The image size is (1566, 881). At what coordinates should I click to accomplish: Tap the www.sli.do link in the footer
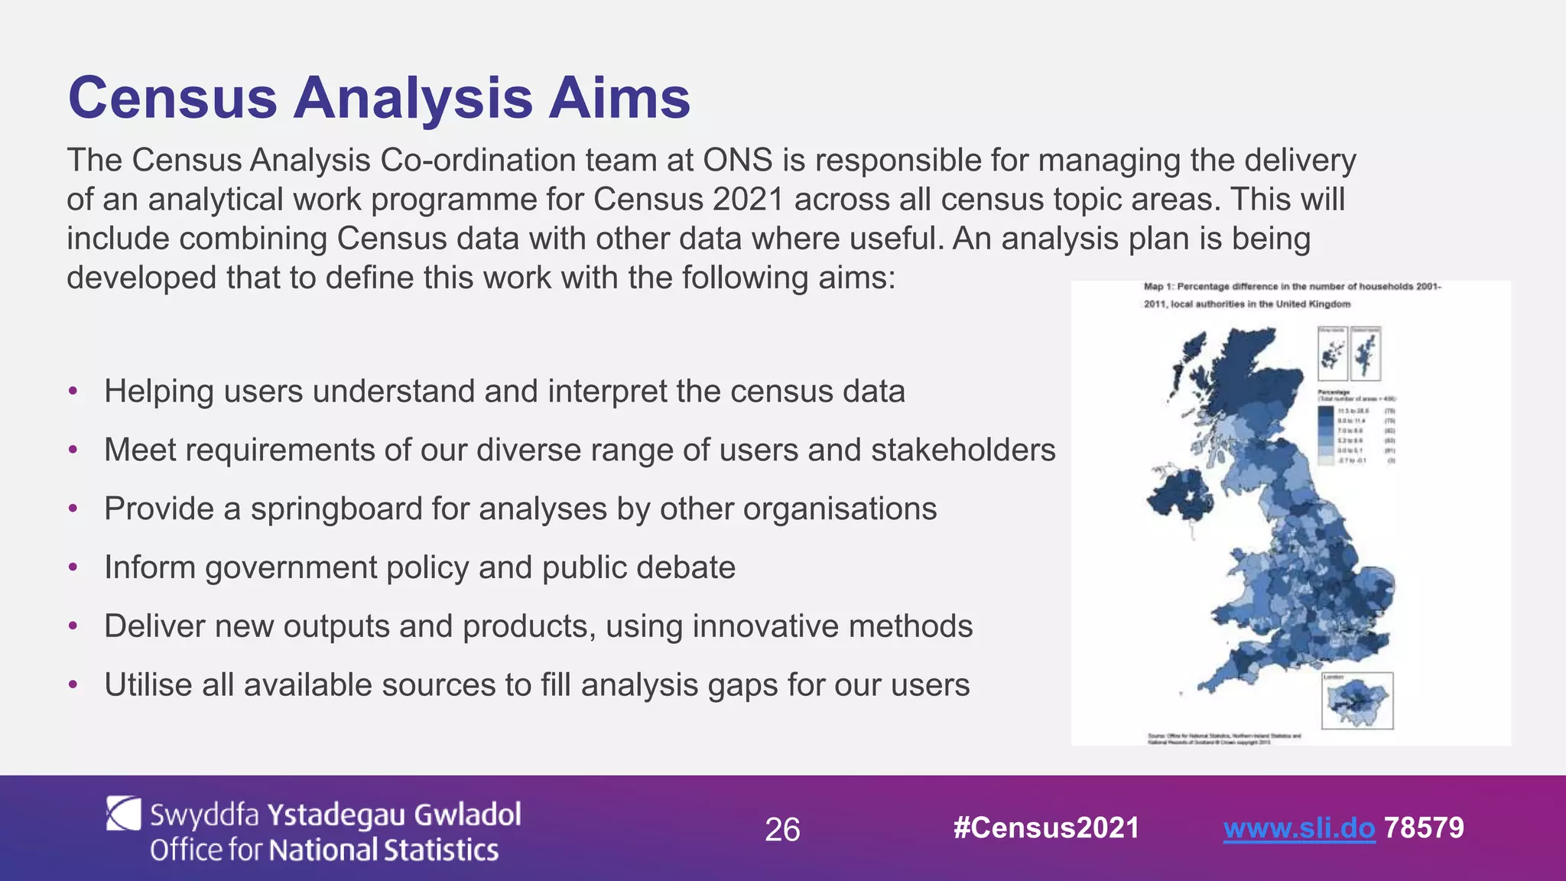coord(1298,828)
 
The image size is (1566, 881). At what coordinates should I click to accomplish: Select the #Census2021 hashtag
coord(1046,828)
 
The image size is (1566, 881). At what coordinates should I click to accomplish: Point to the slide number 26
coord(782,831)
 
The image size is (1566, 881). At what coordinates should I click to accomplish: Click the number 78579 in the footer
coord(1424,828)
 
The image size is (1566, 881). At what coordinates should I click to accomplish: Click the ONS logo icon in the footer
coord(123,814)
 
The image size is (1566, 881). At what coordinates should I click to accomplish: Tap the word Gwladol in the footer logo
coord(467,815)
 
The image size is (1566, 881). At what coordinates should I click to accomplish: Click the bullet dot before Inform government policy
coord(73,567)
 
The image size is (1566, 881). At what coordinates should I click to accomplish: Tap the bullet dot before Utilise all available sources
coord(73,685)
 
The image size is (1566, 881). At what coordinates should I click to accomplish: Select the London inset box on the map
coord(1357,701)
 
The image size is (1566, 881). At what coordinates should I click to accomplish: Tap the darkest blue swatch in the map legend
coord(1325,411)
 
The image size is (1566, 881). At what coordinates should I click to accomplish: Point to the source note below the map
coord(1223,738)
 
